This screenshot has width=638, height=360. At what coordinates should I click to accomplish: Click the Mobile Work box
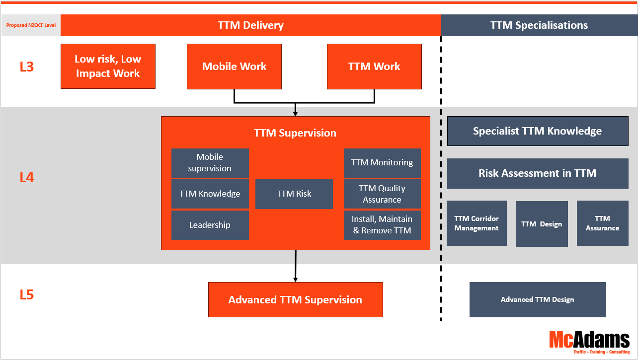click(234, 67)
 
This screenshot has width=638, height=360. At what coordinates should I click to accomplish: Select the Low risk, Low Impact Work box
click(108, 67)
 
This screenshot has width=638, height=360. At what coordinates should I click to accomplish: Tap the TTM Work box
click(374, 67)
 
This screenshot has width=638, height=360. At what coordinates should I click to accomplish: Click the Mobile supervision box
click(210, 163)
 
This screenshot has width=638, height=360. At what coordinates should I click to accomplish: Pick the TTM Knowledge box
click(210, 194)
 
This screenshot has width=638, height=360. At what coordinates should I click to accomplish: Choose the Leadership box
click(210, 225)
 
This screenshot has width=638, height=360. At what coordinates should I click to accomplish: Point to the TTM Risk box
click(294, 194)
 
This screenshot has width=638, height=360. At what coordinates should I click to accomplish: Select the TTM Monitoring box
click(382, 163)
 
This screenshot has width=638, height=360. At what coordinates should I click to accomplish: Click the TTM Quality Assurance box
click(382, 194)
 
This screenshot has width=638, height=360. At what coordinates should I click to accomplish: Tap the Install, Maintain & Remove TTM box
click(382, 225)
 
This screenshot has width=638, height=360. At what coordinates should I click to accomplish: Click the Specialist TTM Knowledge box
click(538, 131)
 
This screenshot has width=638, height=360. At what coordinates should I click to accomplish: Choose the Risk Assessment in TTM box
click(538, 173)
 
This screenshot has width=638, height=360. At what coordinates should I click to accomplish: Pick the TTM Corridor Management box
click(477, 223)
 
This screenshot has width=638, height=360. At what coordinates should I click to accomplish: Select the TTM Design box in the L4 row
click(542, 224)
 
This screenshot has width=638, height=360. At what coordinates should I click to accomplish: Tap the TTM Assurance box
click(602, 223)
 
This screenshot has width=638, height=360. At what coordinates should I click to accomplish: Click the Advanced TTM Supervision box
click(295, 299)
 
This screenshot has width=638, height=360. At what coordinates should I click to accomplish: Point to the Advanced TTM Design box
click(538, 299)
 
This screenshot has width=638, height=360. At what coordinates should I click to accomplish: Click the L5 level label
click(27, 295)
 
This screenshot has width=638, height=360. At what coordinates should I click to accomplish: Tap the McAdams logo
click(589, 342)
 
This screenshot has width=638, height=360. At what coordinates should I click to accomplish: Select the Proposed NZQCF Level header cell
click(31, 25)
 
